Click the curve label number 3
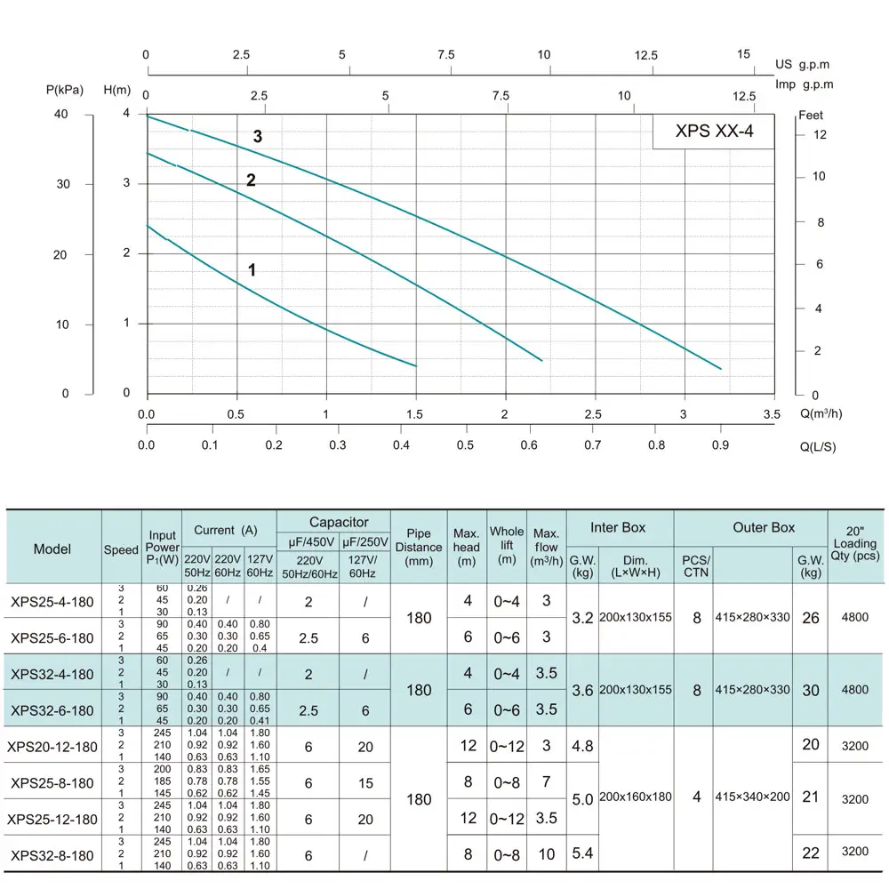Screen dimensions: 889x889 pyautogui.click(x=258, y=137)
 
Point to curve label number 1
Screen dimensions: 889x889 pyautogui.click(x=252, y=269)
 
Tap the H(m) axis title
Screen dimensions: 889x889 pyautogui.click(x=117, y=90)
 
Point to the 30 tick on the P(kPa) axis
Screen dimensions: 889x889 pyautogui.click(x=63, y=184)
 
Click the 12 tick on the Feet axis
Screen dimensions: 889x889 pyautogui.click(x=820, y=135)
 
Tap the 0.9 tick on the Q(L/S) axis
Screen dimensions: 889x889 pyautogui.click(x=720, y=444)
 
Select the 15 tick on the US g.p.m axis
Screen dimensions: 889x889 pyautogui.click(x=744, y=55)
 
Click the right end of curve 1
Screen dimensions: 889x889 pyautogui.click(x=415, y=365)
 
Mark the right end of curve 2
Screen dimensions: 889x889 pyautogui.click(x=541, y=360)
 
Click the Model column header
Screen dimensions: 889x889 pyautogui.click(x=52, y=549)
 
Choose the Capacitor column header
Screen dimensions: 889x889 pyautogui.click(x=338, y=523)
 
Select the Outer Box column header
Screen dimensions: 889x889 pyautogui.click(x=764, y=528)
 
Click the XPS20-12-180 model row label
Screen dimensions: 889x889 pyautogui.click(x=52, y=746)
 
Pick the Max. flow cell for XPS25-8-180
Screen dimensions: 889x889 pyautogui.click(x=546, y=782)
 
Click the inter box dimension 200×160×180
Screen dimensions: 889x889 pyautogui.click(x=636, y=797)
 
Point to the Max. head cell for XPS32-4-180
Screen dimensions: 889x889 pyautogui.click(x=468, y=674)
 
